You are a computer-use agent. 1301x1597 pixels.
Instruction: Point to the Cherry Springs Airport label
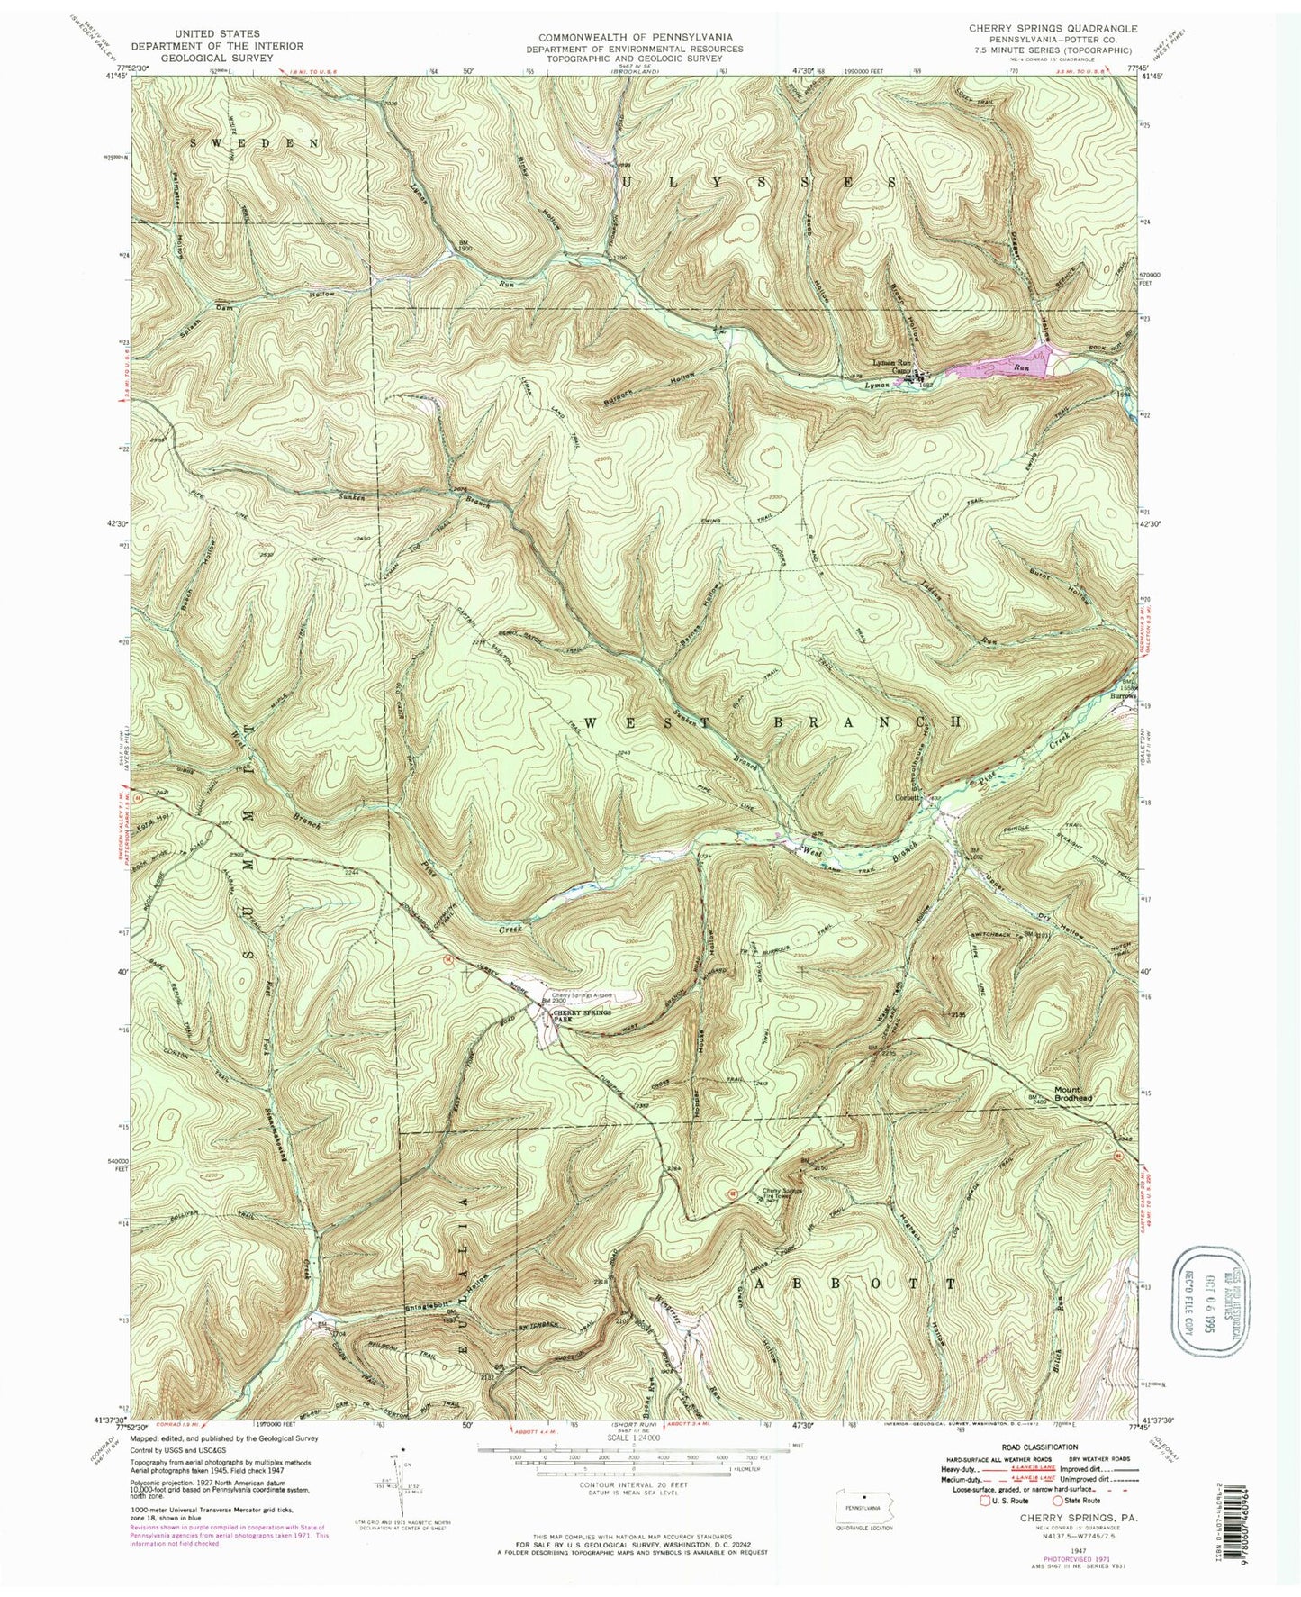click(583, 995)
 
